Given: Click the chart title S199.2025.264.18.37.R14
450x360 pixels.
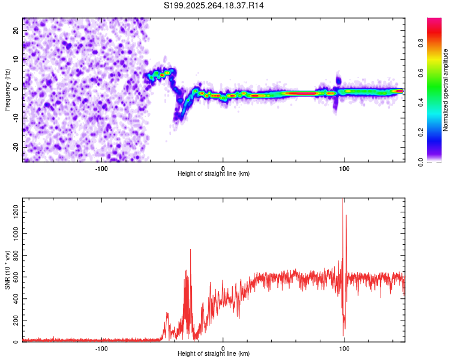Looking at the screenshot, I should click(x=214, y=5).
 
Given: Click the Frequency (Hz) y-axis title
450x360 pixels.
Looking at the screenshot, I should click(x=7, y=89).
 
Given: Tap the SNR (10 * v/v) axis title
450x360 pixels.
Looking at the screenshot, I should click(x=7, y=270).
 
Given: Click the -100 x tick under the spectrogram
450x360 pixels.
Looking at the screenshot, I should click(x=101, y=168).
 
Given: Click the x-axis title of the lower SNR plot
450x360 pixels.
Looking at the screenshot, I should click(x=214, y=354).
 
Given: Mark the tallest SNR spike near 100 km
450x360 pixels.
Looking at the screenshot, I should click(x=343, y=200).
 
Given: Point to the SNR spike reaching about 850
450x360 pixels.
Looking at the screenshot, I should click(x=191, y=250).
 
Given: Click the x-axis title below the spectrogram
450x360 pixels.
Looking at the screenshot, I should click(x=214, y=174).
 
